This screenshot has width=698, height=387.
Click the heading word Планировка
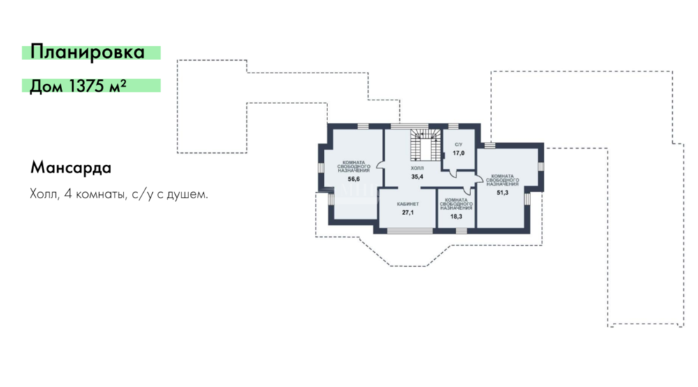coord(88,52)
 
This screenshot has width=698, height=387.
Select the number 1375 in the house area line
coord(87,85)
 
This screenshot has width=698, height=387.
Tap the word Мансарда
coord(70,168)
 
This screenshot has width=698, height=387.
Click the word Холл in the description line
coord(44,194)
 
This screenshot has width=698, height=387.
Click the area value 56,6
coord(354,179)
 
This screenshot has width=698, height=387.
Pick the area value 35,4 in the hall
coord(417,177)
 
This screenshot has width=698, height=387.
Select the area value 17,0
coord(459,153)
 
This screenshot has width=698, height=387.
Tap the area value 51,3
coord(503,193)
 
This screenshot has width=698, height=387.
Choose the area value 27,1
coord(408,213)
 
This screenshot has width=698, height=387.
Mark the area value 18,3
coord(456,217)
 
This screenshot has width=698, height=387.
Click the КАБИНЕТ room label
coord(408,205)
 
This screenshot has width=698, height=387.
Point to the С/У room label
coord(459,145)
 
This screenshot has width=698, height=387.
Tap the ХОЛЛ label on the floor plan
coord(417,168)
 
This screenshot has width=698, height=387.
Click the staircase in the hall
coord(426,145)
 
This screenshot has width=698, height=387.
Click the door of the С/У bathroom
coord(452,173)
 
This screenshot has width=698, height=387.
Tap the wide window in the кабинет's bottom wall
coord(410,231)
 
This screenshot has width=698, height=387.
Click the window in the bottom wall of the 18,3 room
coord(461,231)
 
